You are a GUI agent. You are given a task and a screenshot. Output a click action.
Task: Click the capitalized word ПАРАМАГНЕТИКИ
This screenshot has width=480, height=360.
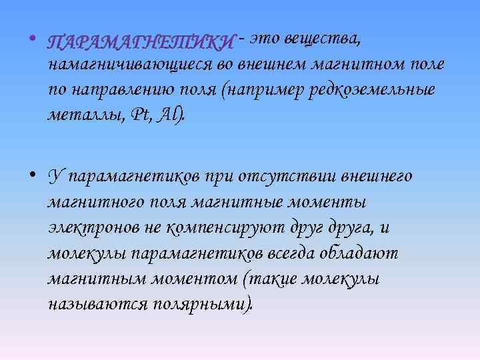141,43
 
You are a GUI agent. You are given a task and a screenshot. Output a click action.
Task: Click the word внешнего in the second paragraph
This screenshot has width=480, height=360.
377,177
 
